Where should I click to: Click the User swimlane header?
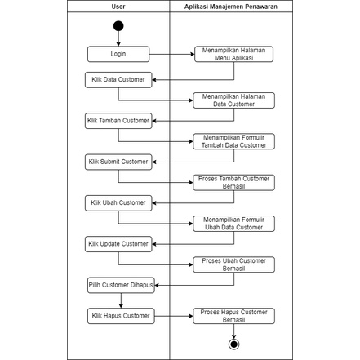point(118,6)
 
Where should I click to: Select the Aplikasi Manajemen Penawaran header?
point(231,6)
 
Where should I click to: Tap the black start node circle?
point(119,26)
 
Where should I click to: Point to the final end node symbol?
point(234,344)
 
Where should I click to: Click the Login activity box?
point(119,54)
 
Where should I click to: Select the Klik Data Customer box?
point(118,79)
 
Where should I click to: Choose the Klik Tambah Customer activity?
point(118,121)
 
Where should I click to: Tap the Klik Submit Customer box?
point(118,161)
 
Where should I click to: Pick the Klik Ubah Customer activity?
point(118,202)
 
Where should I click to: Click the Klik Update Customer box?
point(118,242)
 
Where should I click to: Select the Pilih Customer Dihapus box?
point(119,284)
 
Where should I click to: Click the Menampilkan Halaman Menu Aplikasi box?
point(234,54)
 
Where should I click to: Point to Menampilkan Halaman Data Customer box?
point(234,100)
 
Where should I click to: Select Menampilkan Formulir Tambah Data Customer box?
point(234,141)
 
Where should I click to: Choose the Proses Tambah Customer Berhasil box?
point(234,181)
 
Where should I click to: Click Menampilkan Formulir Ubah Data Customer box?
point(234,223)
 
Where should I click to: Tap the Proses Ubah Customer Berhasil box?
point(234,264)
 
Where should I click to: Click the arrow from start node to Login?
point(119,39)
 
